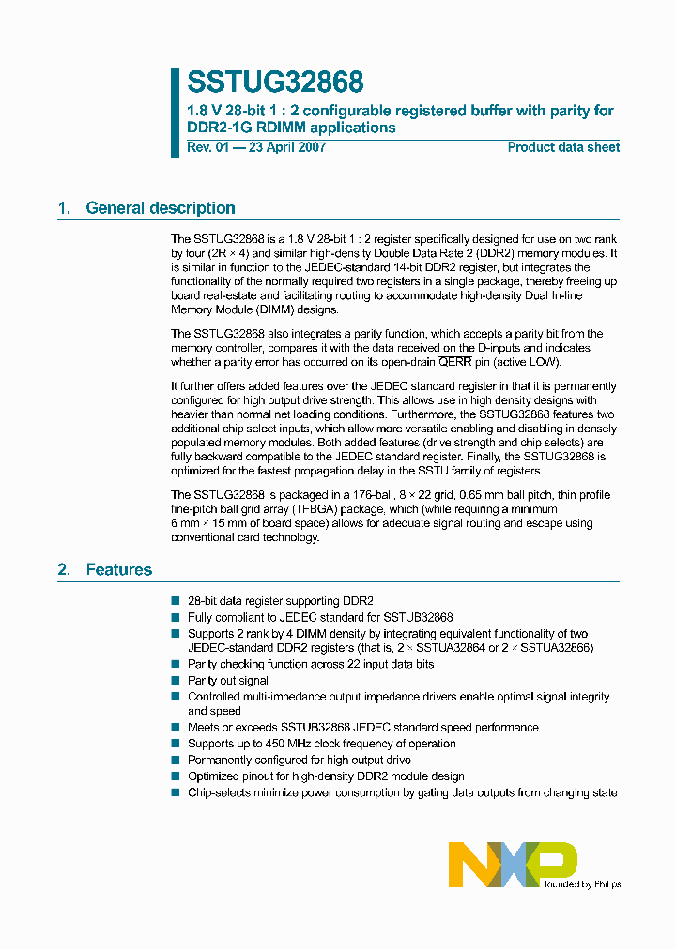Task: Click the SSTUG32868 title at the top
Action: point(275,83)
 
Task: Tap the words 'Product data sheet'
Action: point(563,147)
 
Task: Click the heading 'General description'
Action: point(161,208)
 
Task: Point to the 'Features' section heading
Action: point(119,569)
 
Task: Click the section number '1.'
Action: point(65,208)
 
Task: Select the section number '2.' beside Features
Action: point(65,569)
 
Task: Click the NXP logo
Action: point(513,863)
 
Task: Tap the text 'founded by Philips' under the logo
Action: point(582,883)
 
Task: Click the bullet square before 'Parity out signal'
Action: point(176,681)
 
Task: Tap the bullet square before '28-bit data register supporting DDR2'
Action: point(176,600)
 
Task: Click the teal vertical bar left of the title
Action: point(175,113)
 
